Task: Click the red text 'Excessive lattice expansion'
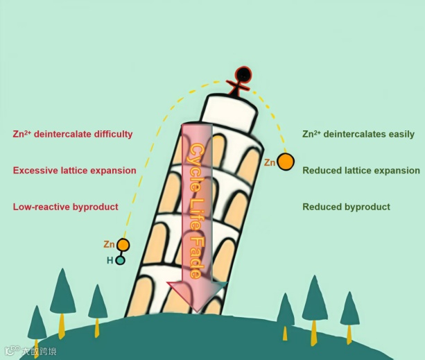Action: pos(75,170)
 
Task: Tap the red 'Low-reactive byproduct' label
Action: pos(65,207)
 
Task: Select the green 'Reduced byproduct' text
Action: pos(346,207)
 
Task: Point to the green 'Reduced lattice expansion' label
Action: pos(361,170)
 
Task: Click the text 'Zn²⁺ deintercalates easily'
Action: pos(358,134)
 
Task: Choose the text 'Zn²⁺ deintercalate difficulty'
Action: pos(73,134)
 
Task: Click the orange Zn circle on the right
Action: pos(286,162)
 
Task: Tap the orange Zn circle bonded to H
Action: pos(123,244)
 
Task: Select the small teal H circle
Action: pos(120,261)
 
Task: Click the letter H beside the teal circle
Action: pos(109,261)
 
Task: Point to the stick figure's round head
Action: pos(242,74)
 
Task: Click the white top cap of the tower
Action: pos(232,111)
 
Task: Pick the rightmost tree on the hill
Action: pos(349,312)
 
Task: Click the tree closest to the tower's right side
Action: pos(285,312)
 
